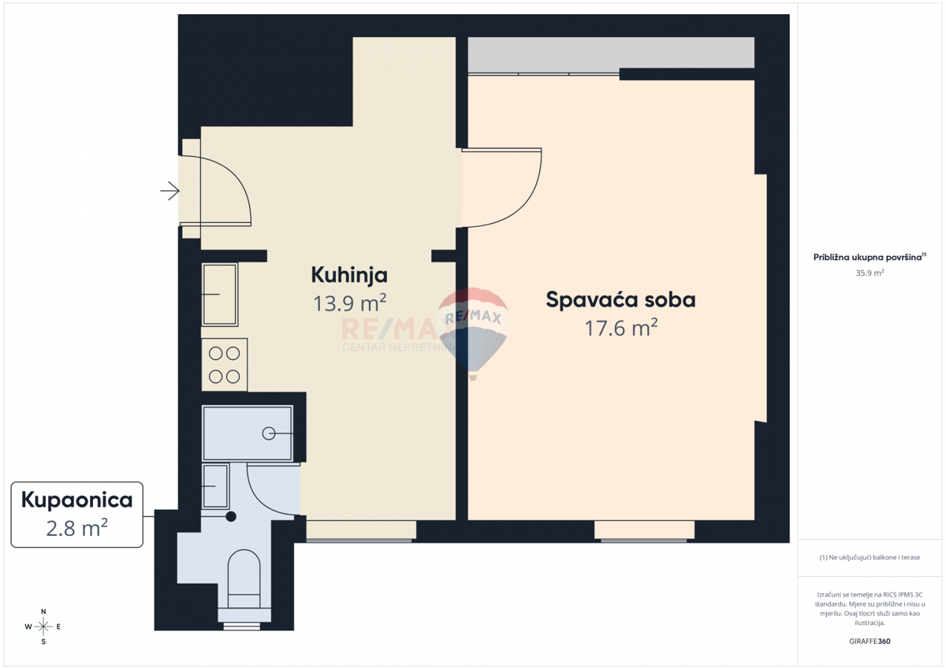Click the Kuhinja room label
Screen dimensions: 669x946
349,275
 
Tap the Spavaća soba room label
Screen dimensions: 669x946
620,299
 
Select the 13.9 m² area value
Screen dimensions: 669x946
349,303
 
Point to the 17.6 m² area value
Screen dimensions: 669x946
620,327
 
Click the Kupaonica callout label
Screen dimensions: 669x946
76,499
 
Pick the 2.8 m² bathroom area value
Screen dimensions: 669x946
76,527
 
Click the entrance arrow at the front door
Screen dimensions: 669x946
169,191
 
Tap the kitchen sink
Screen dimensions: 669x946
220,295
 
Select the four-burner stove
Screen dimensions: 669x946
225,365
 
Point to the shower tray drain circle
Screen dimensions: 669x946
269,433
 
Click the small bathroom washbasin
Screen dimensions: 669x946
215,486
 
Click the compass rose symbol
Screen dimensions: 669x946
43,626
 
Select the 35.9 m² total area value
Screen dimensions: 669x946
870,273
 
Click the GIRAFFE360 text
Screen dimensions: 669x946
870,641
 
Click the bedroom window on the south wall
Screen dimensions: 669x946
645,531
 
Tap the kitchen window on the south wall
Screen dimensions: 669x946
359,531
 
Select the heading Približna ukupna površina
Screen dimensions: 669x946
867,257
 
